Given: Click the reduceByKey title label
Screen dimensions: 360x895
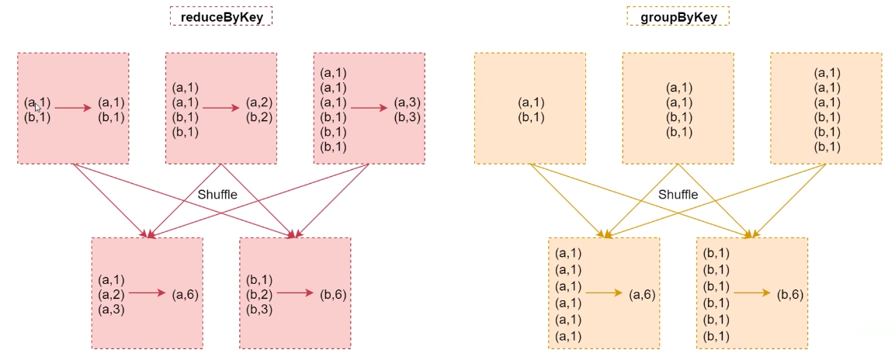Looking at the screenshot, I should pyautogui.click(x=221, y=16).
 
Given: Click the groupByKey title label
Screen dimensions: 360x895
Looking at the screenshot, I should pyautogui.click(x=678, y=16).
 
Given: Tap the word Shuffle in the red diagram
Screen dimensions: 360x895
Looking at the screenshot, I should pyautogui.click(x=217, y=195).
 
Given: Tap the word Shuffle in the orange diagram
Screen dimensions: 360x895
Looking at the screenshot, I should pyautogui.click(x=678, y=195).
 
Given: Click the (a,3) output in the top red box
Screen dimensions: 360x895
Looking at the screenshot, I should pyautogui.click(x=409, y=102).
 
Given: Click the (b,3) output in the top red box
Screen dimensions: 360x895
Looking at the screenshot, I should pyautogui.click(x=409, y=117).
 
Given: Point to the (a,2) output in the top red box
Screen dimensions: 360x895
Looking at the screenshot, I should pyautogui.click(x=260, y=102).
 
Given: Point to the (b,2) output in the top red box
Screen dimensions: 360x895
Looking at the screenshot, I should pyautogui.click(x=260, y=117).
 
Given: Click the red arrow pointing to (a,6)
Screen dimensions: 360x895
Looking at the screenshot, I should pyautogui.click(x=147, y=293).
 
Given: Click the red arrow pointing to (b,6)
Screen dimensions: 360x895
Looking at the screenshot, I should pyautogui.click(x=296, y=293).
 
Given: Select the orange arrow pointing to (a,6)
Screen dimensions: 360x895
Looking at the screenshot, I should pyautogui.click(x=605, y=293).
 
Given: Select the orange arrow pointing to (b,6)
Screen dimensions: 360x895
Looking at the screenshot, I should pyautogui.click(x=753, y=293).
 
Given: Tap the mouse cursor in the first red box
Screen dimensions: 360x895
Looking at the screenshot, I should pyautogui.click(x=36, y=108).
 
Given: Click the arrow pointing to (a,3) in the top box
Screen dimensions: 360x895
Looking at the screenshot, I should pyautogui.click(x=369, y=109).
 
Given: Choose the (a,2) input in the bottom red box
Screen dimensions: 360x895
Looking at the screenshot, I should pyautogui.click(x=112, y=294).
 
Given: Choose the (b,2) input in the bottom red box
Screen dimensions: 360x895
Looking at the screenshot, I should pyautogui.click(x=260, y=294).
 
